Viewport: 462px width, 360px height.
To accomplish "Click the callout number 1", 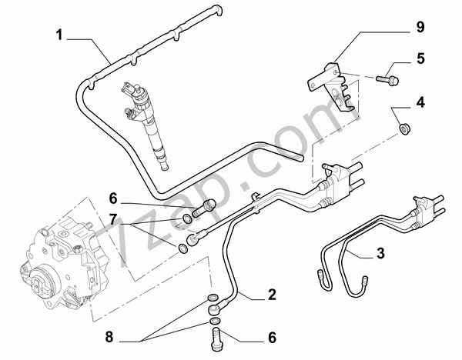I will click(x=60, y=35).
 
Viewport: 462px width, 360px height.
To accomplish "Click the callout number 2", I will click(x=272, y=295).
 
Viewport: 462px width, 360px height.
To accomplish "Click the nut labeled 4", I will click(x=403, y=126).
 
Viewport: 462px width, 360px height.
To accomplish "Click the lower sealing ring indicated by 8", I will click(x=216, y=320).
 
